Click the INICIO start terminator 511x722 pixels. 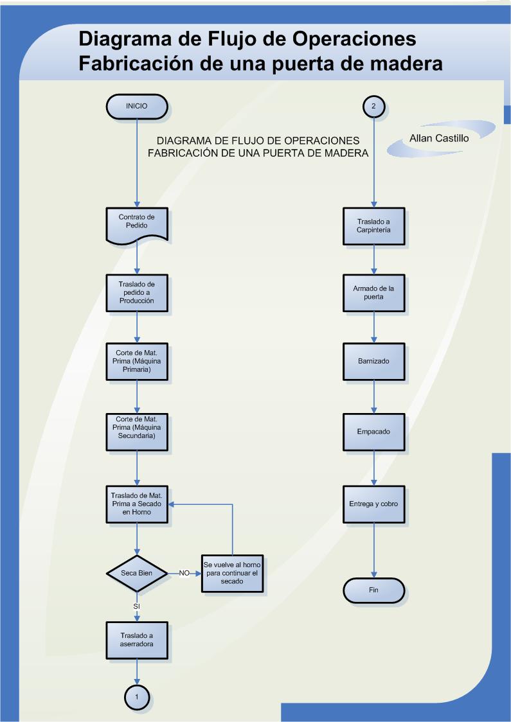point(136,106)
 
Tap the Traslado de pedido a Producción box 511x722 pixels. point(136,292)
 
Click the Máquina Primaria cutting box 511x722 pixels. point(136,362)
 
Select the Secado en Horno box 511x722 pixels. point(136,504)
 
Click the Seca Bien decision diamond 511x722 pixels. point(136,572)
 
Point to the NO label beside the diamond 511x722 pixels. point(184,572)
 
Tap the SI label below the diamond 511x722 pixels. point(136,606)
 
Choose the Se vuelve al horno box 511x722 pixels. point(231,572)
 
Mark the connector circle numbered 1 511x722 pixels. point(136,696)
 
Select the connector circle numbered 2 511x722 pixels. point(374,106)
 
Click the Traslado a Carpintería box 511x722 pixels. point(374,225)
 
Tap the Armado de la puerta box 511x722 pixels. point(374,293)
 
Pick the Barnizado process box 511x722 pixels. point(374,362)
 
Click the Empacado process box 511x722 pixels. point(374,432)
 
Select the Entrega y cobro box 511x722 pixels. point(374,504)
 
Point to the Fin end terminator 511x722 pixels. point(374,590)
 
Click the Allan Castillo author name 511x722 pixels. point(440,138)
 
